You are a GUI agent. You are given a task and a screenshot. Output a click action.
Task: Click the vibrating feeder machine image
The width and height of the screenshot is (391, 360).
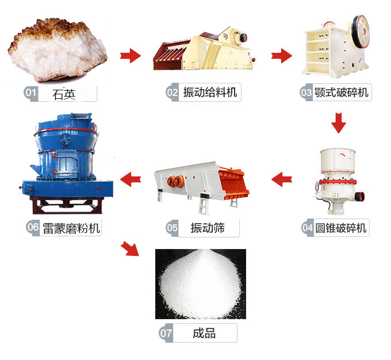coord(204,51)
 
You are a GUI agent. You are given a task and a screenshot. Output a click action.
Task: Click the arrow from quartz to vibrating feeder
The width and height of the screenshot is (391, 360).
coord(131,56)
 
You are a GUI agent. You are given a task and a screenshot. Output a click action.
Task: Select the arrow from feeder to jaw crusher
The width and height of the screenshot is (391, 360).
coord(281,56)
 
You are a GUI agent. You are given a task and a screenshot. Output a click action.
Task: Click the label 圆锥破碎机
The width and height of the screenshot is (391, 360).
coord(341,228)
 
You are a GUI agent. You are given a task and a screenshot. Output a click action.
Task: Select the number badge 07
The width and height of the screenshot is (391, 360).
coord(166,334)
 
